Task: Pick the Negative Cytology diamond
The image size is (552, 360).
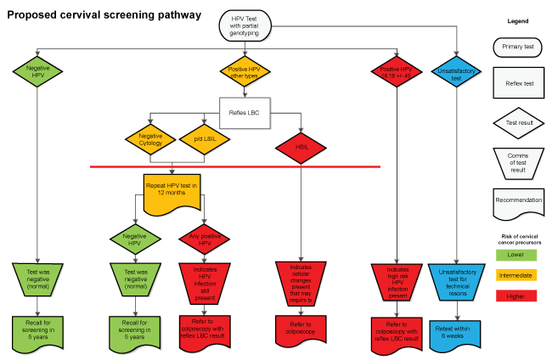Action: [149, 139]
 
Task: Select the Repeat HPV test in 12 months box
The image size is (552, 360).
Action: [172, 191]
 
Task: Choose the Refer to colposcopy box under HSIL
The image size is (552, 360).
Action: [301, 326]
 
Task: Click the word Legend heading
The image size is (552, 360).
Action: [517, 20]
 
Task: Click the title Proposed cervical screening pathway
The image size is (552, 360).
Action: [104, 15]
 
